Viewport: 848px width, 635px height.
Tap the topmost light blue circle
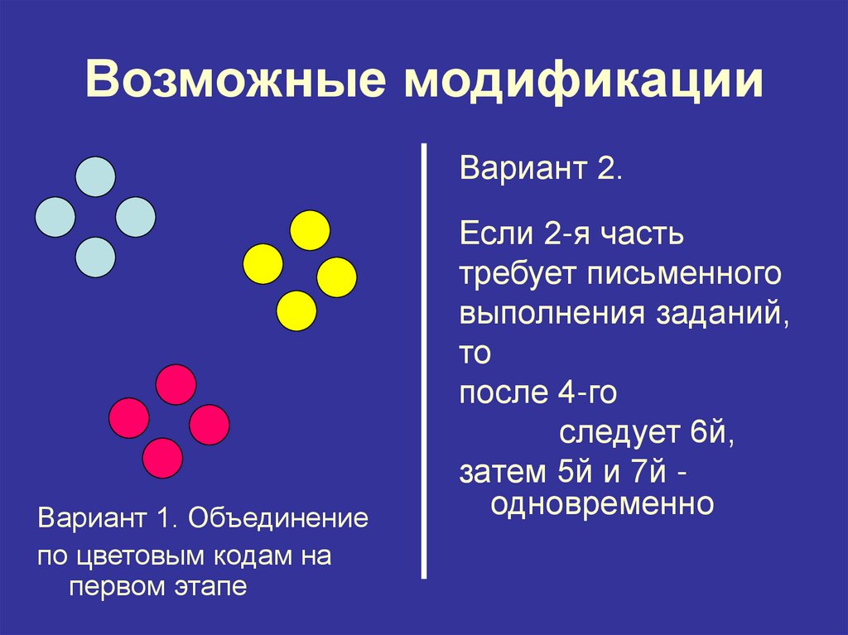[x=95, y=176]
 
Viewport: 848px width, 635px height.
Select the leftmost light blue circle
[x=55, y=217]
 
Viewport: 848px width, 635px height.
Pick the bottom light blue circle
[x=95, y=257]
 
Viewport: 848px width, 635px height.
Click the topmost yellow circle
[x=311, y=231]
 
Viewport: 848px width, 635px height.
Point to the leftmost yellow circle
[x=263, y=265]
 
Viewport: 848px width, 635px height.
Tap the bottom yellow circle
[x=296, y=311]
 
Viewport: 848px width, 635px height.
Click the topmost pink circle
[x=176, y=384]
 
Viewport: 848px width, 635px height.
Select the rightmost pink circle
[x=209, y=425]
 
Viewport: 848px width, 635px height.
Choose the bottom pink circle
[x=162, y=457]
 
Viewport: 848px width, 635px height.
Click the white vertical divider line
[x=425, y=360]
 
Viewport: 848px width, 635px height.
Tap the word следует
[x=617, y=433]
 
